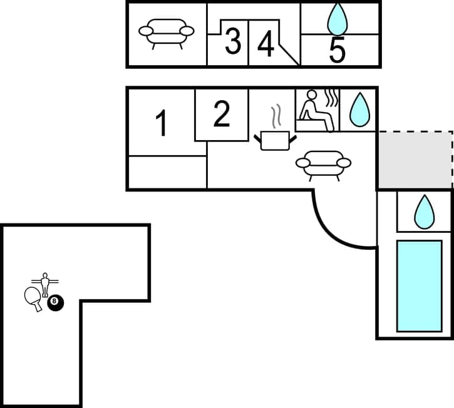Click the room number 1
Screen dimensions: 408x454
click(162, 123)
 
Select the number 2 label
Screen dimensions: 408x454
click(222, 114)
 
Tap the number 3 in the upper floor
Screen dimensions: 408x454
click(232, 42)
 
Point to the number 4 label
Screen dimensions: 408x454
click(266, 44)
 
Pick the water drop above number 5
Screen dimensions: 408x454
click(338, 19)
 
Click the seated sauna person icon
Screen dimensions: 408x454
click(316, 110)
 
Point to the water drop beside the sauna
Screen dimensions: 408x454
click(358, 110)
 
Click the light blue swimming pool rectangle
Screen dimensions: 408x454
click(419, 285)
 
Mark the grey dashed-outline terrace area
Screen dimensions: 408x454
click(415, 160)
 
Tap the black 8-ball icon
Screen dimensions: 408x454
click(56, 303)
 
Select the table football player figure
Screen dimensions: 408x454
click(44, 284)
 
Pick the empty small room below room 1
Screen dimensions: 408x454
click(167, 172)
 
